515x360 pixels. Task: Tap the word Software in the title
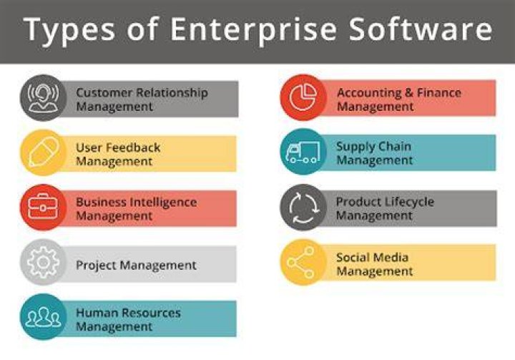pyautogui.click(x=421, y=29)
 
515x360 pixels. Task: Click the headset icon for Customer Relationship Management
pyautogui.click(x=43, y=98)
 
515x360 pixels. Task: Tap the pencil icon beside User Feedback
pyautogui.click(x=44, y=152)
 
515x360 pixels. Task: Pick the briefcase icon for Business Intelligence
pyautogui.click(x=43, y=207)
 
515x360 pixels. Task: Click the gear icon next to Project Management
pyautogui.click(x=43, y=263)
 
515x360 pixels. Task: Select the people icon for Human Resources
pyautogui.click(x=43, y=317)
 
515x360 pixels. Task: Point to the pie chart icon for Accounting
pyautogui.click(x=303, y=97)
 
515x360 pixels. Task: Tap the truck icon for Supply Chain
pyautogui.click(x=303, y=152)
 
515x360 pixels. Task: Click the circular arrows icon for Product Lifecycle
pyautogui.click(x=303, y=208)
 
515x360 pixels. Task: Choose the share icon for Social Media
pyautogui.click(x=301, y=263)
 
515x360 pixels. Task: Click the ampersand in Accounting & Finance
pyautogui.click(x=408, y=93)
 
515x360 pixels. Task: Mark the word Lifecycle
pyautogui.click(x=409, y=203)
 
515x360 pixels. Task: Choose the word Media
pyautogui.click(x=392, y=257)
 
